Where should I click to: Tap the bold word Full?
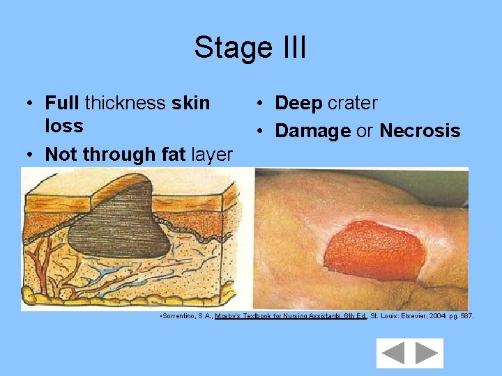pos(63,103)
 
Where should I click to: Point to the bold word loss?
pos(63,126)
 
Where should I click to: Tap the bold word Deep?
pos(298,104)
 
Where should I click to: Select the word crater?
pos(353,104)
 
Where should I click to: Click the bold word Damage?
pos(313,131)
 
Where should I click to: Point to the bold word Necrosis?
pos(420,131)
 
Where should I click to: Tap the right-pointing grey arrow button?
pos(426,353)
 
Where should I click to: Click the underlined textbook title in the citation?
pos(291,316)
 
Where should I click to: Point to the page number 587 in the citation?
pos(466,316)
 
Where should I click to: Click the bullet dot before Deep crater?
pos(259,104)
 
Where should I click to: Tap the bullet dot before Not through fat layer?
pos(28,155)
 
